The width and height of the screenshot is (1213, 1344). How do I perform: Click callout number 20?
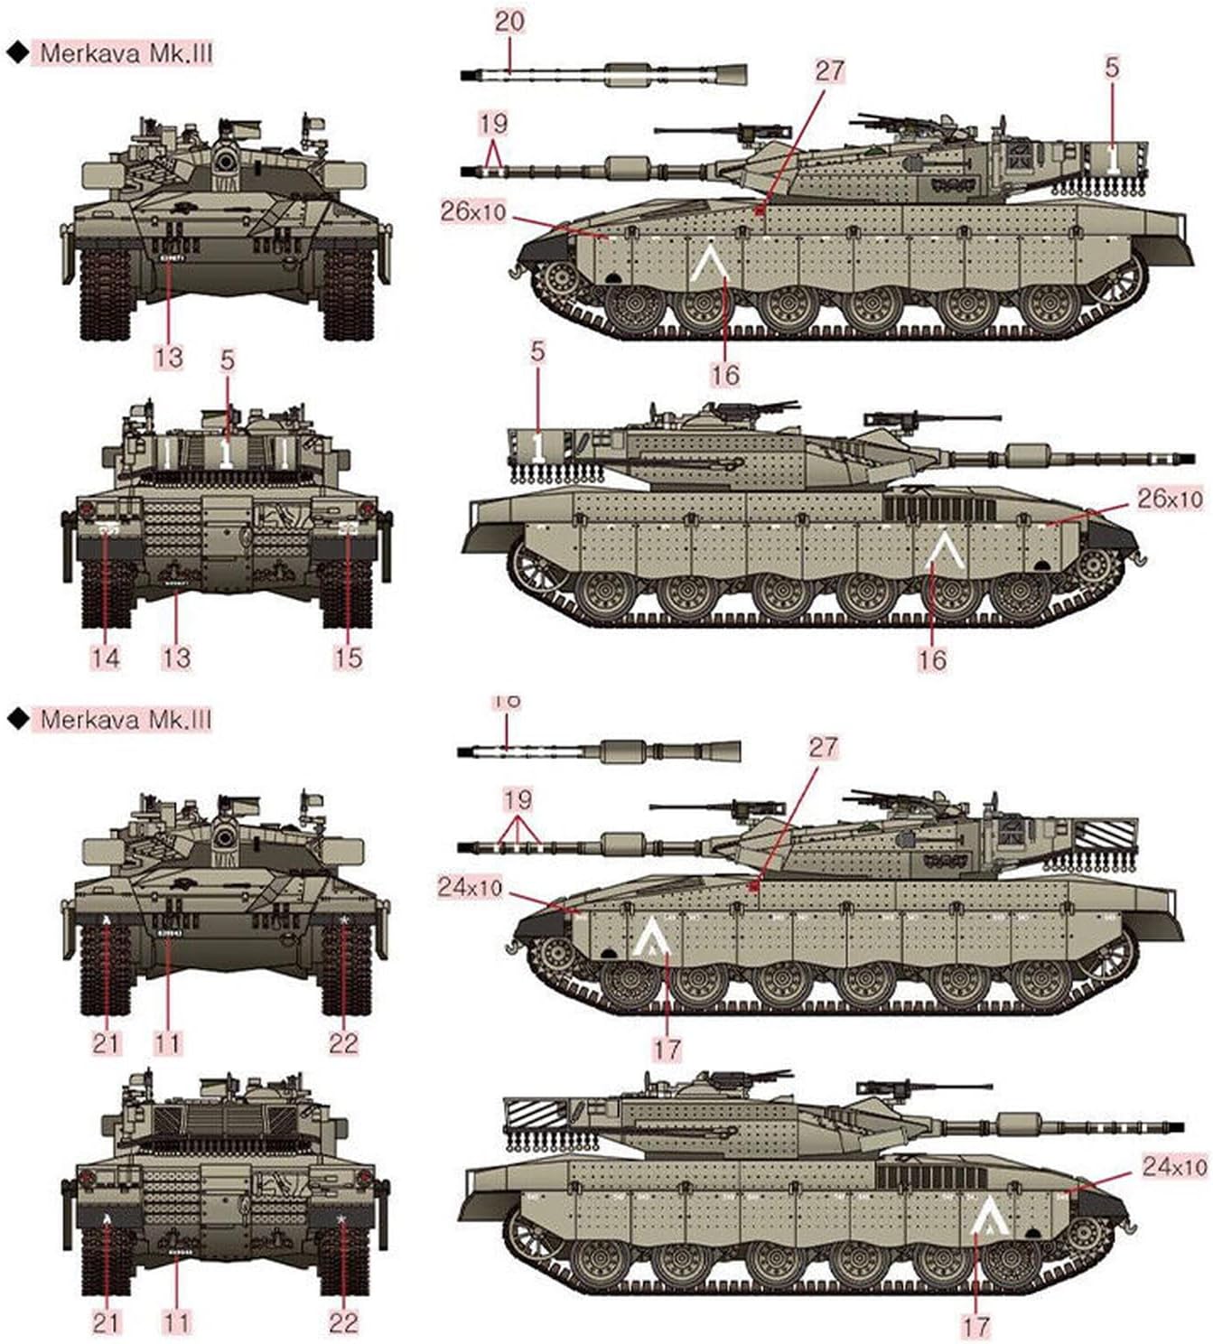click(x=509, y=21)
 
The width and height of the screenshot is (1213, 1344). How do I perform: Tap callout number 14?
click(x=106, y=657)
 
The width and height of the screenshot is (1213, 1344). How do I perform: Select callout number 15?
click(x=348, y=657)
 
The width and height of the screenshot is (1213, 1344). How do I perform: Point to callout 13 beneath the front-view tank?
click(x=169, y=357)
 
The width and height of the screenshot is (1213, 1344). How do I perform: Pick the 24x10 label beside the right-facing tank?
click(x=1174, y=1166)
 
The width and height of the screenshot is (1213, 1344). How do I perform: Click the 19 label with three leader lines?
click(x=517, y=799)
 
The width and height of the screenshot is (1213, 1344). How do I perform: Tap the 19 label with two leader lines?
click(x=493, y=122)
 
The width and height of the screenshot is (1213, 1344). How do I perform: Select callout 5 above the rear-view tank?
click(x=227, y=360)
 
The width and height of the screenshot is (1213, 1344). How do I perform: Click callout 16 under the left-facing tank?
click(x=724, y=374)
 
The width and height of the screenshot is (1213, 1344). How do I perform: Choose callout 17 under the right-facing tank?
click(x=975, y=1326)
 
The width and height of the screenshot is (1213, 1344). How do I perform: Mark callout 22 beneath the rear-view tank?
click(x=343, y=1322)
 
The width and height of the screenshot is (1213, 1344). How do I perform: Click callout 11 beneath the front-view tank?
click(x=168, y=1043)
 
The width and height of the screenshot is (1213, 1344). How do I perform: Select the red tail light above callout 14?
click(x=89, y=511)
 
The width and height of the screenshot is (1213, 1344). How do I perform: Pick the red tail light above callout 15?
click(x=367, y=511)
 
